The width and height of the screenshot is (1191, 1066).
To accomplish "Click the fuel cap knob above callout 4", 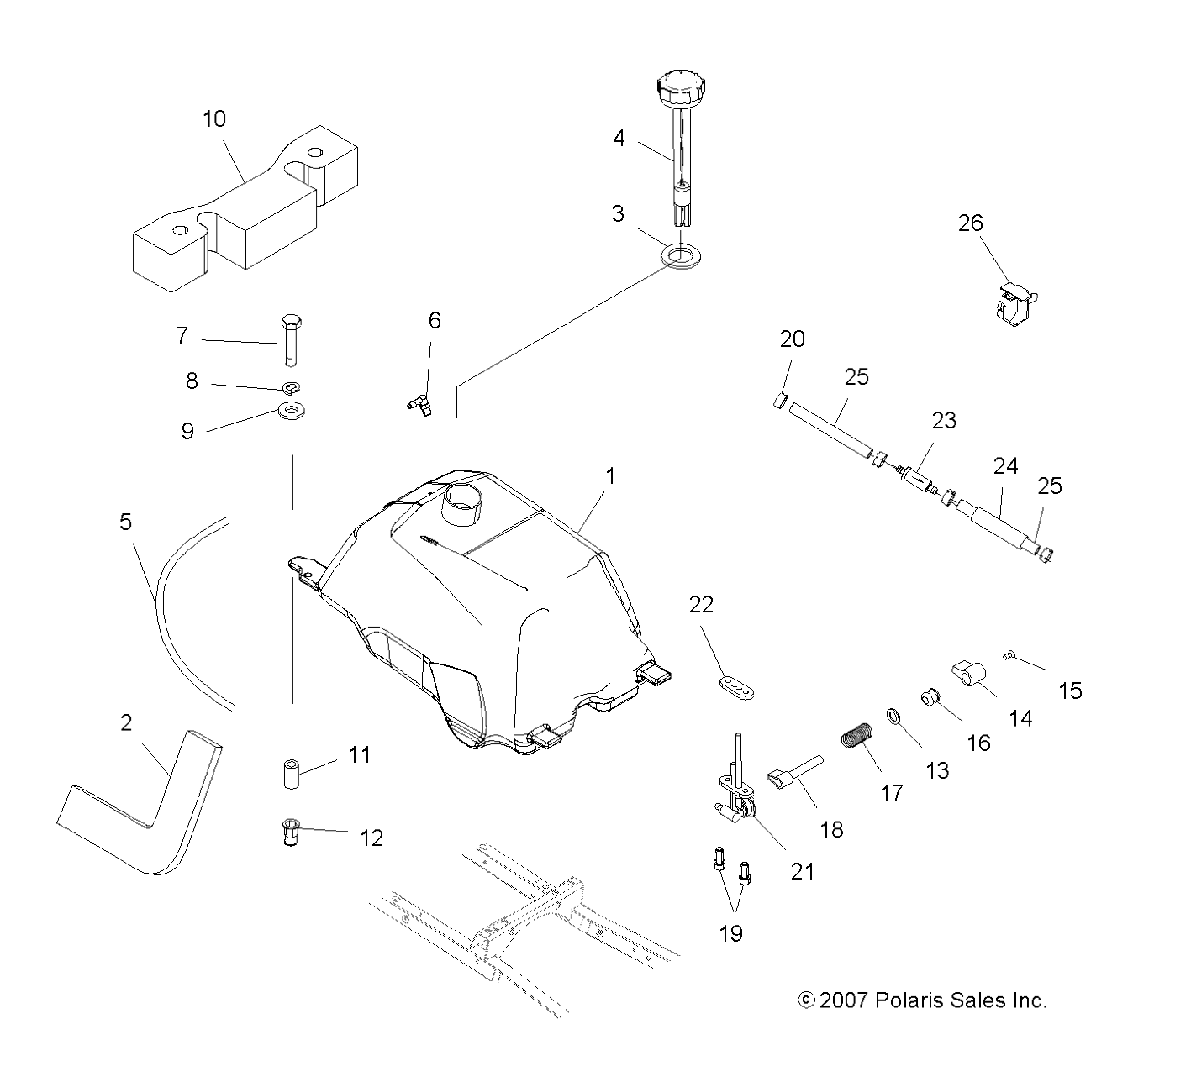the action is pos(682,89).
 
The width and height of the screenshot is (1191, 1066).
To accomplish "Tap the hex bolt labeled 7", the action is pos(291,340).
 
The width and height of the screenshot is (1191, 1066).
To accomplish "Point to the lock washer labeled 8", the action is pos(291,387).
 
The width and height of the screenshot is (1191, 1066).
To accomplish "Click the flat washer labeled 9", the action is pos(291,411).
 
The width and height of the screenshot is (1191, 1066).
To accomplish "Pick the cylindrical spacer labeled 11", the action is pos(292,774).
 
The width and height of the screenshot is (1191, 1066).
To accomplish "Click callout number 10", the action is pos(214,119).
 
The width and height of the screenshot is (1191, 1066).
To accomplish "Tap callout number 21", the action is pos(803,871).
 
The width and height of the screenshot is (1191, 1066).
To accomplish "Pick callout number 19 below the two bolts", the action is pos(730,933).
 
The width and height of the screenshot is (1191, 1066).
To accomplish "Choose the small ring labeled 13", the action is pos(894,716).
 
